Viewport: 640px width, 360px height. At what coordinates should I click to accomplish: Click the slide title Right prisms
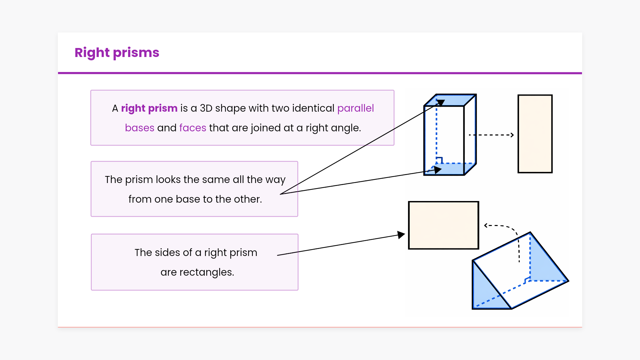click(x=117, y=53)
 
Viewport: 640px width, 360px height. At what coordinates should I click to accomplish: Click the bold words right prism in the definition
click(x=149, y=108)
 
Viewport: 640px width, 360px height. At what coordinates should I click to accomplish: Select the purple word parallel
click(x=355, y=108)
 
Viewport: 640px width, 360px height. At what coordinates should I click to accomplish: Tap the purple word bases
click(x=140, y=128)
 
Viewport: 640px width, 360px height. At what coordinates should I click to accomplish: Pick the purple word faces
click(x=193, y=128)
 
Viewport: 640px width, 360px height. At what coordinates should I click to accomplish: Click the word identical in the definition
click(x=313, y=108)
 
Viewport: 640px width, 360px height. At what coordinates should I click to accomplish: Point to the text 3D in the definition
click(x=206, y=108)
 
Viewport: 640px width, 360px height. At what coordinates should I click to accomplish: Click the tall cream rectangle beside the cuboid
click(x=535, y=134)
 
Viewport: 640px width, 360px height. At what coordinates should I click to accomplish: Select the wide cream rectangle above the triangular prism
click(x=444, y=225)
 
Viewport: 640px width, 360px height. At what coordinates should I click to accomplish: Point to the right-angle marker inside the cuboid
click(x=439, y=160)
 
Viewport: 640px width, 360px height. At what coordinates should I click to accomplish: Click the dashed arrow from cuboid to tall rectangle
click(x=491, y=135)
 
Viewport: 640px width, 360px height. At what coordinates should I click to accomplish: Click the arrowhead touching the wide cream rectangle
click(x=401, y=235)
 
